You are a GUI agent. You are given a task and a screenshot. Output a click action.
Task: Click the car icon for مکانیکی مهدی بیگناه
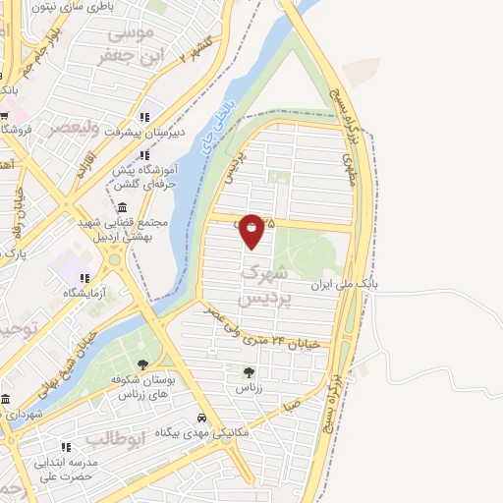(202, 416)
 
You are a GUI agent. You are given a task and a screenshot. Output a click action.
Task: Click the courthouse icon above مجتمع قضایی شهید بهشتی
(121, 207)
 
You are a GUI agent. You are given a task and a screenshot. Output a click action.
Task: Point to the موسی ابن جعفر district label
(127, 45)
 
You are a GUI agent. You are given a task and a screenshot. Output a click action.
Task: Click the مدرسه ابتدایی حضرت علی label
(71, 470)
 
